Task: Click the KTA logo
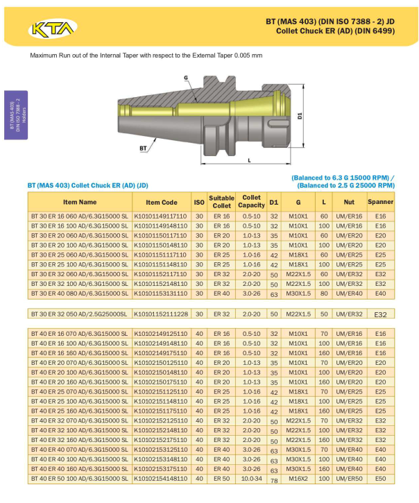[53, 29]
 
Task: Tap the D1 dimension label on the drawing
[300, 115]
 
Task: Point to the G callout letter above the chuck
[186, 77]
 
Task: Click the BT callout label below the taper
[143, 148]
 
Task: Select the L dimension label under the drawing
[249, 160]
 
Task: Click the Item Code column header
[162, 203]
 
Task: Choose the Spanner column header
[381, 202]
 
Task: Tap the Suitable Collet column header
[221, 202]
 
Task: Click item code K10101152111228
[161, 314]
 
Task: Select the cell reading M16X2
[298, 479]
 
